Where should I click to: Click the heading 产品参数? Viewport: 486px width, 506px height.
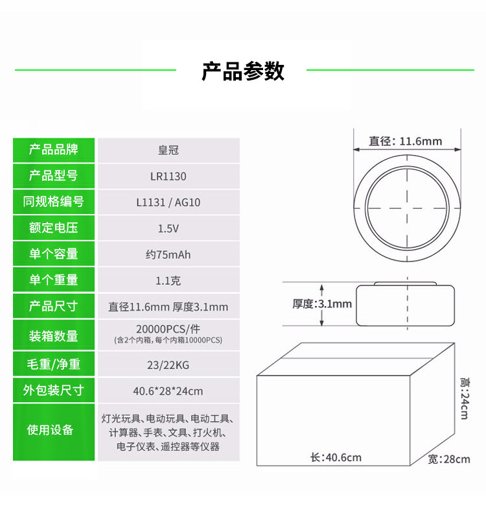[243, 71]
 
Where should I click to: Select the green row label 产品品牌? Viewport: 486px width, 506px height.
[54, 150]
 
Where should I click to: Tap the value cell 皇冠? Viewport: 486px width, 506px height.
[168, 150]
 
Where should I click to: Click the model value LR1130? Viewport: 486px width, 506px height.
[168, 176]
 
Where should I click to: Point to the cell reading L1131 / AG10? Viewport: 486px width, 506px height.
[168, 202]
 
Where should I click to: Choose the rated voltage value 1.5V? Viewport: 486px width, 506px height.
[168, 228]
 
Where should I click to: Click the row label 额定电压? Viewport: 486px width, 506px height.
[54, 228]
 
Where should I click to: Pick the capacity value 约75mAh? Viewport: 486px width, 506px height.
[168, 254]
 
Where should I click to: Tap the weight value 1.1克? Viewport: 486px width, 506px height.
[168, 280]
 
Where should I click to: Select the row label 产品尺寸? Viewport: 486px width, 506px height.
[54, 306]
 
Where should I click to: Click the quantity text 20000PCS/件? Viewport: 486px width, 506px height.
[168, 328]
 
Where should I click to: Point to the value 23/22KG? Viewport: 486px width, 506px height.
[168, 365]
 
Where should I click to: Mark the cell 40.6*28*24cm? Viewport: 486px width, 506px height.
[168, 391]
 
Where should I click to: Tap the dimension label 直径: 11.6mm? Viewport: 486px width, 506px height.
[406, 141]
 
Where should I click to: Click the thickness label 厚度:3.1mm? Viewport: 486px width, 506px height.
[321, 304]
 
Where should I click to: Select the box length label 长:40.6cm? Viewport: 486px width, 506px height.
[336, 457]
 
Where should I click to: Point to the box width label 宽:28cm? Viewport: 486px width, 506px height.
[449, 459]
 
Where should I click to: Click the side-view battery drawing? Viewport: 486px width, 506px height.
[406, 304]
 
